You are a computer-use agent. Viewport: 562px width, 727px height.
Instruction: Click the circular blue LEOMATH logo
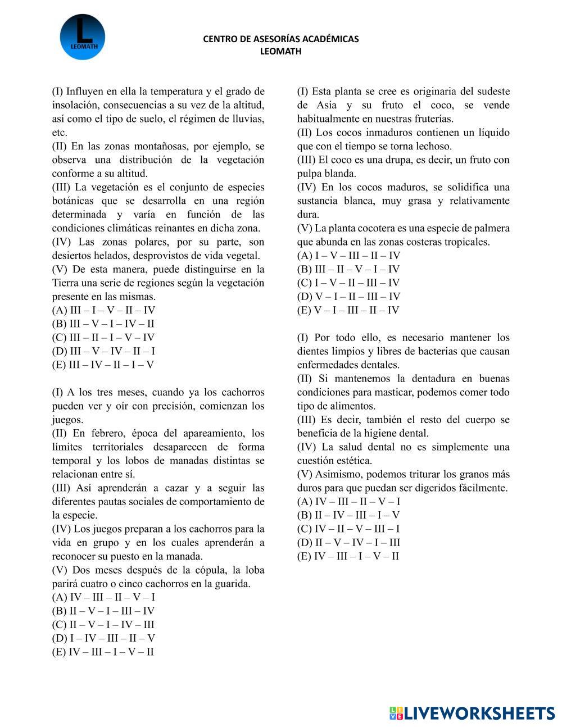click(x=82, y=37)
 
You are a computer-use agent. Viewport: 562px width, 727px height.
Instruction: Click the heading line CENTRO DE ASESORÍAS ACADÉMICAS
click(x=280, y=39)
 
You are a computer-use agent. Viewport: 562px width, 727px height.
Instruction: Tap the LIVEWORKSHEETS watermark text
click(x=479, y=713)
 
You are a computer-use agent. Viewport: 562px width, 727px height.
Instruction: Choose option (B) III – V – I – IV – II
click(x=103, y=324)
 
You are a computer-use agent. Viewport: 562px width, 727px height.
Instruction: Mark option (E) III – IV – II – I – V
click(x=103, y=365)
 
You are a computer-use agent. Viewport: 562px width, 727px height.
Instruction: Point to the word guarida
click(x=232, y=584)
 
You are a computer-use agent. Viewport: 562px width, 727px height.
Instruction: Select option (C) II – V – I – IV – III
click(x=103, y=625)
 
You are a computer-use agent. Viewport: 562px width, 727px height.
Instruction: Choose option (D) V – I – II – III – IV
click(x=348, y=296)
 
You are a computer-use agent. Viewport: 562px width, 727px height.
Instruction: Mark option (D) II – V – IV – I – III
click(x=348, y=543)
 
